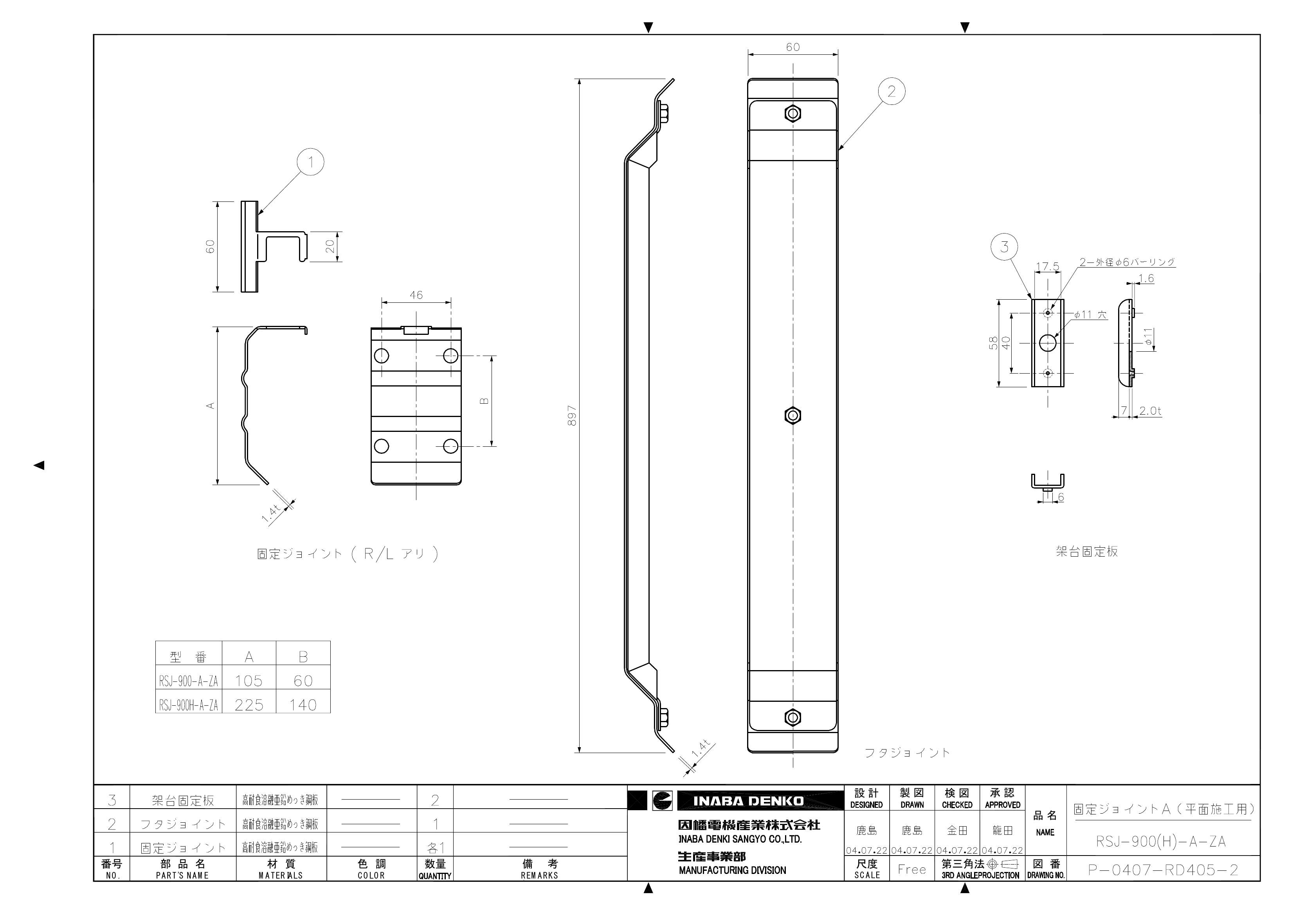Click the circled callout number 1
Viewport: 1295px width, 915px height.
pyautogui.click(x=310, y=162)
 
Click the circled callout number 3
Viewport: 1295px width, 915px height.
pyautogui.click(x=1005, y=247)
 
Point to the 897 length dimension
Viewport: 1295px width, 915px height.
pyautogui.click(x=572, y=415)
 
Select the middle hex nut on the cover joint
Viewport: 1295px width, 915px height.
pyautogui.click(x=792, y=415)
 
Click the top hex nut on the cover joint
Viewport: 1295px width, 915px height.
pyautogui.click(x=792, y=114)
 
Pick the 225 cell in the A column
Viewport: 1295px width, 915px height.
pyautogui.click(x=249, y=705)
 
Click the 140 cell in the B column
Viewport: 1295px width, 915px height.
pyautogui.click(x=303, y=705)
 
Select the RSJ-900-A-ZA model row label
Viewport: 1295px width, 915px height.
pyautogui.click(x=188, y=681)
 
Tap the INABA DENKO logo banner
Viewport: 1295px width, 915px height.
pyautogui.click(x=748, y=800)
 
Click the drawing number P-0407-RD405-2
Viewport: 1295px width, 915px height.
pyautogui.click(x=1163, y=870)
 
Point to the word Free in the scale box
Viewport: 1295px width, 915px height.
pyautogui.click(x=911, y=869)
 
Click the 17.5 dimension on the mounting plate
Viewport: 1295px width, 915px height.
pyautogui.click(x=1047, y=266)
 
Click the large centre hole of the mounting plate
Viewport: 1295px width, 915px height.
pyautogui.click(x=1047, y=342)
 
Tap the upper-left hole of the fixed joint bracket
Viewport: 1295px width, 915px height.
pyautogui.click(x=381, y=356)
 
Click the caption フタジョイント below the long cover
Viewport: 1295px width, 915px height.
pyautogui.click(x=907, y=753)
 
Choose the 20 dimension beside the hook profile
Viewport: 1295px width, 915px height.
pyautogui.click(x=331, y=246)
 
